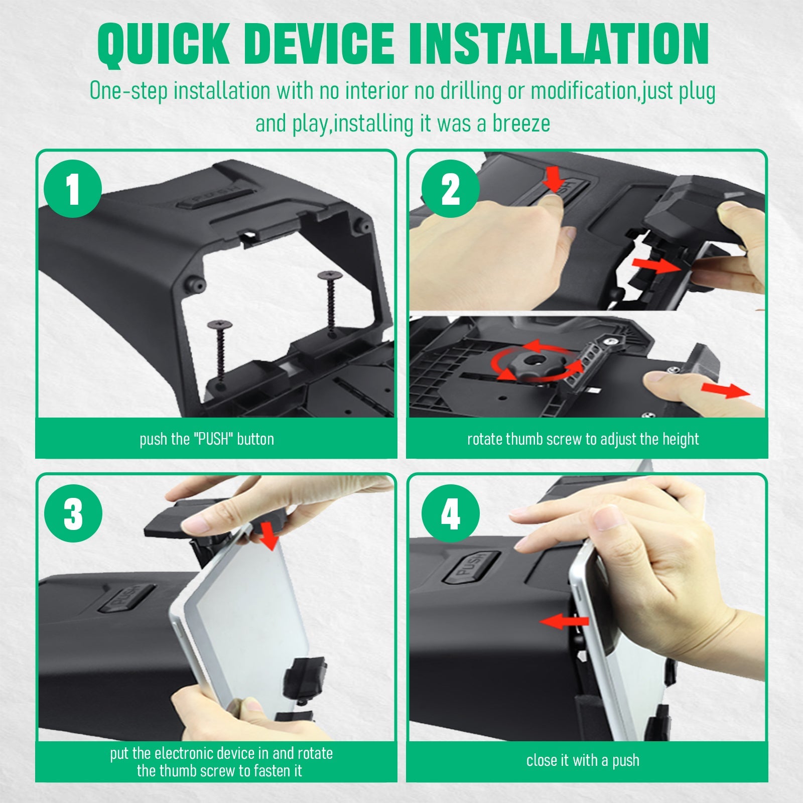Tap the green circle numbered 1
(73, 189)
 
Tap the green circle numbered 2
(450, 189)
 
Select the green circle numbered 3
(73, 513)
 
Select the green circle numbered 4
(450, 513)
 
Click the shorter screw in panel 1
(220, 351)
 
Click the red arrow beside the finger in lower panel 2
(725, 389)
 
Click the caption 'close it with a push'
(583, 760)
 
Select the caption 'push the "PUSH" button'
(207, 439)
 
